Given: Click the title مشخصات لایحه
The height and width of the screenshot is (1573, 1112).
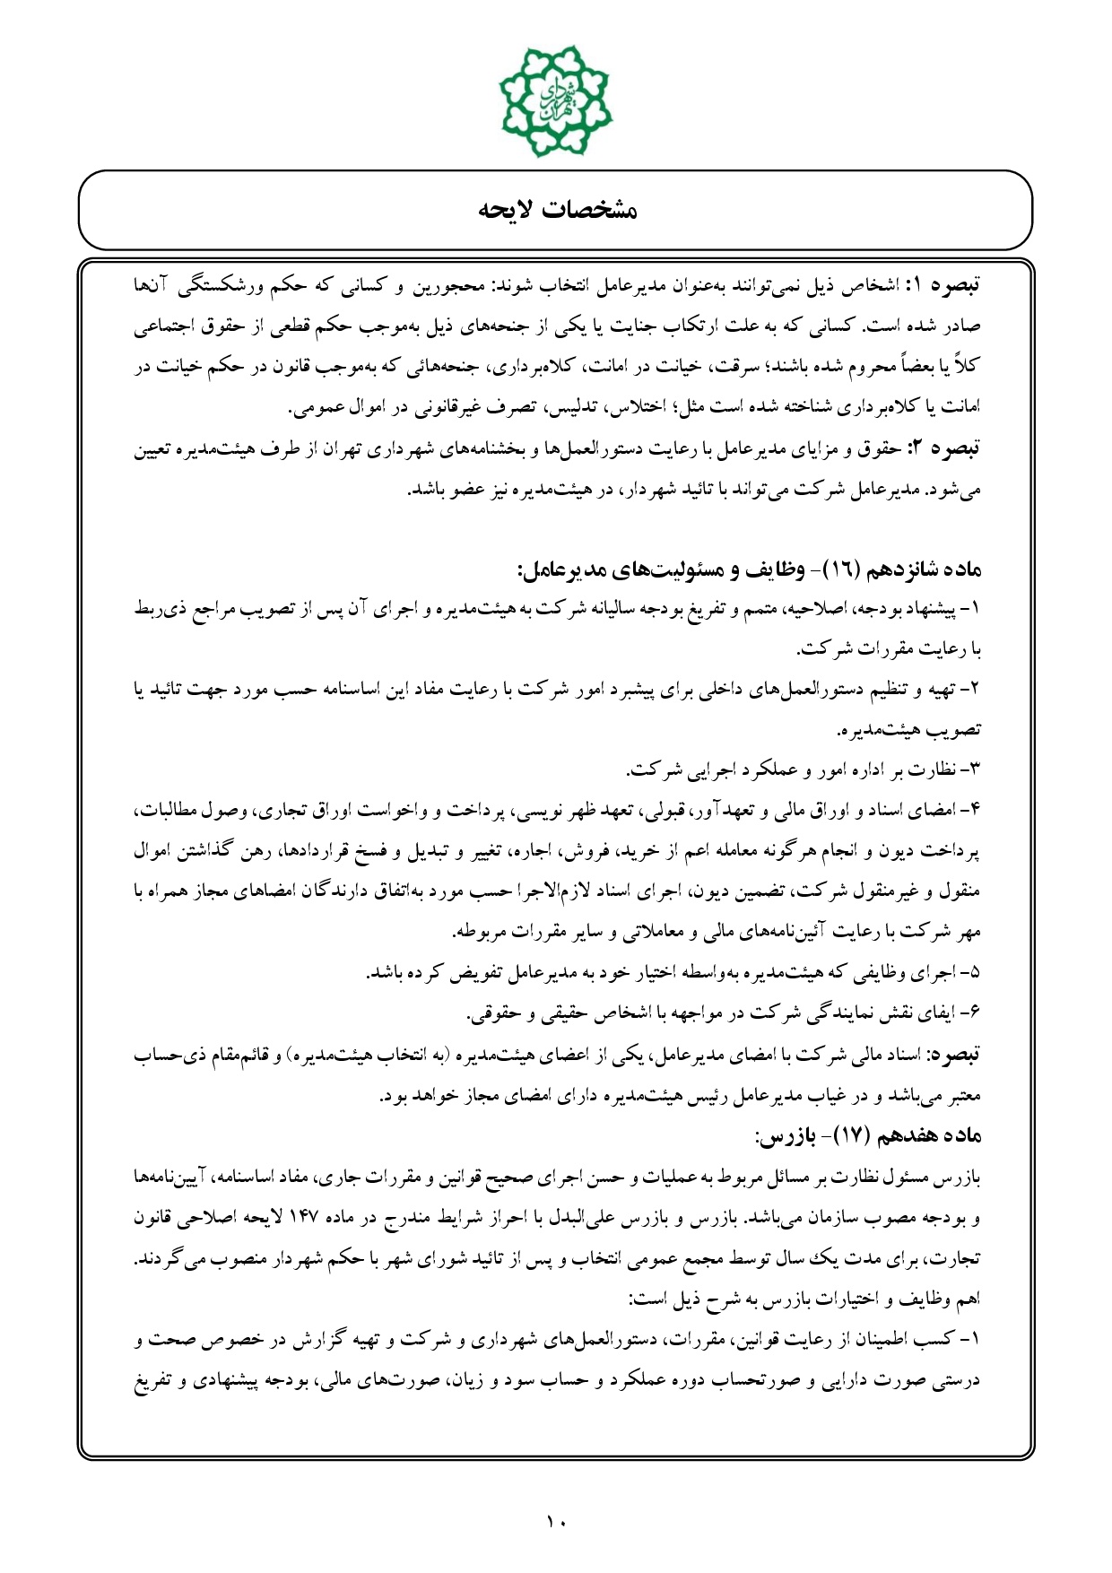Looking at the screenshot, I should click(x=556, y=211).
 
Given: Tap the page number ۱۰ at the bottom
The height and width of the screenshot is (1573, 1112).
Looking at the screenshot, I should click(x=556, y=1521).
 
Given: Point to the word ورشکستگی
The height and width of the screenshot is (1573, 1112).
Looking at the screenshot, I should click(x=227, y=286).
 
